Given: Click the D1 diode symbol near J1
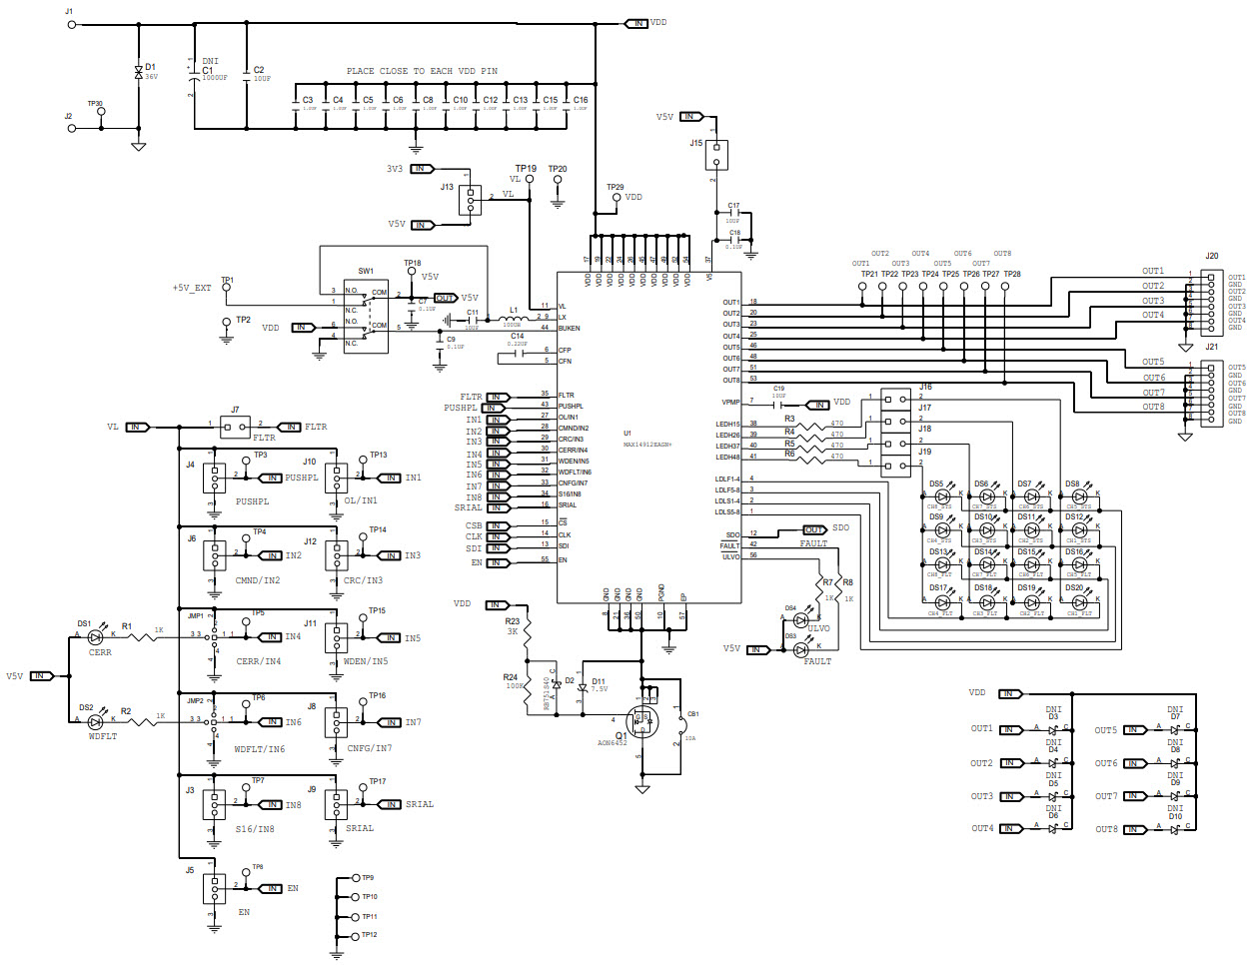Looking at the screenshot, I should click(x=138, y=72).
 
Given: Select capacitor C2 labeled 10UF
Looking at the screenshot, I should click(x=246, y=76).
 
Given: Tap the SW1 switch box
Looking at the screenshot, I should click(x=366, y=316).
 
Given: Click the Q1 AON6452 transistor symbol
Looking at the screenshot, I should click(x=639, y=719).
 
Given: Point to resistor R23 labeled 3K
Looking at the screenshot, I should click(x=527, y=627).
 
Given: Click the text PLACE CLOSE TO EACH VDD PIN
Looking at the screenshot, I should click(x=422, y=71).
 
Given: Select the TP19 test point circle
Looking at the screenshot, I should click(x=529, y=180).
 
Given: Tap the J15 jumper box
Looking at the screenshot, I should click(x=714, y=155).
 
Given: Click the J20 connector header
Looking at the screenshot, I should click(x=1210, y=301).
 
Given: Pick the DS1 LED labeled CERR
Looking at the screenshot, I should click(x=96, y=636).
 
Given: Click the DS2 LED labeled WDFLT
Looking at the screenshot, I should click(x=96, y=719).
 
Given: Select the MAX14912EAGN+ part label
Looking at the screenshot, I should click(x=647, y=445).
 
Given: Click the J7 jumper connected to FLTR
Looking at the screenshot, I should click(x=235, y=428).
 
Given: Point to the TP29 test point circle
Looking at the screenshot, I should click(x=616, y=199).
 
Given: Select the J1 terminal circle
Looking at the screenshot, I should click(x=71, y=24).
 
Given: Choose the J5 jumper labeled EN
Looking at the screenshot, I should click(x=214, y=888).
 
